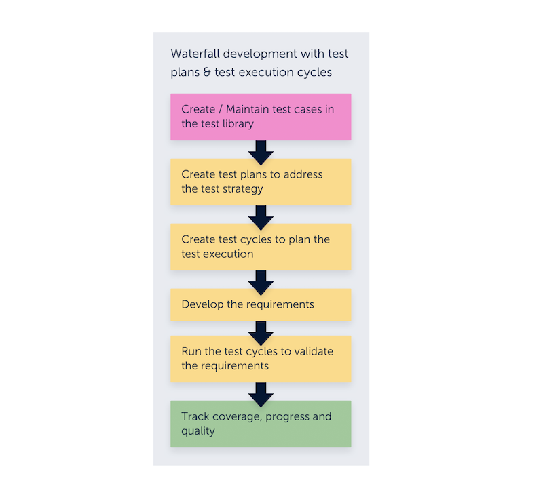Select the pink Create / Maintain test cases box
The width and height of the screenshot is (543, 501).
(261, 117)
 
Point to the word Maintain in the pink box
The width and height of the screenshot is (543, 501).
(249, 109)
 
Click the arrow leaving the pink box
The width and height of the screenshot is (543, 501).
(261, 150)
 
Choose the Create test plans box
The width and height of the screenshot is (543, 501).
(261, 182)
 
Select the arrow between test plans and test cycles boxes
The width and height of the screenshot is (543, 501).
(261, 215)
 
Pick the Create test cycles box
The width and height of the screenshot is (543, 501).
(261, 247)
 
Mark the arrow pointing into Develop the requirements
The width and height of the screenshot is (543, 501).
(261, 280)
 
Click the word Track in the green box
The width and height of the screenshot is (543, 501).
(194, 416)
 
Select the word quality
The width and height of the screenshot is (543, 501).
(198, 431)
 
